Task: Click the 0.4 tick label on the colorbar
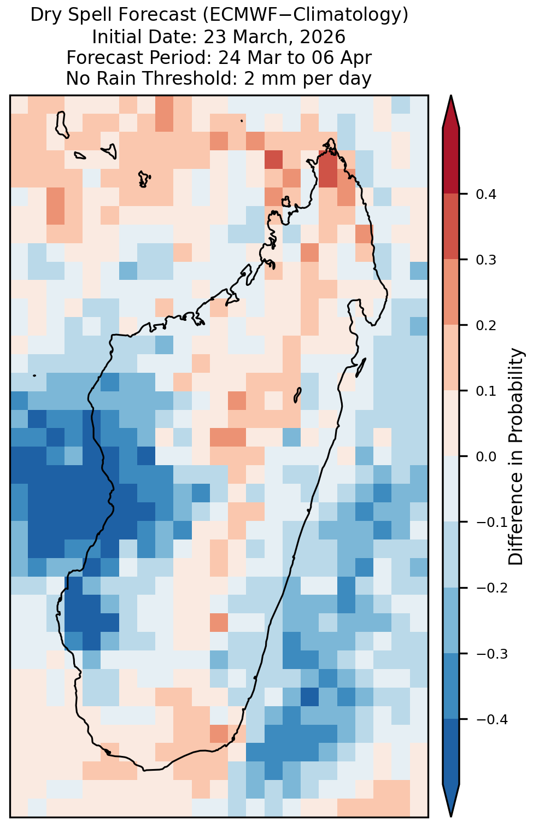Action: coord(486,194)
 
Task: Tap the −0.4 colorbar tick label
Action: coord(491,719)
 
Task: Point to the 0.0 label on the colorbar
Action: coord(486,457)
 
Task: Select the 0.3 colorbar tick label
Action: coord(486,260)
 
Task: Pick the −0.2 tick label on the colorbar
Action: coord(491,588)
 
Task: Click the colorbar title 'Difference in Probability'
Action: coord(516,457)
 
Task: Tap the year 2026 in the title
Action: coord(323,37)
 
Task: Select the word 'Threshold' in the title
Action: coord(191,78)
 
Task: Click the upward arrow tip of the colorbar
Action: coord(451,96)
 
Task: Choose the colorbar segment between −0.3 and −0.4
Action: coord(451,687)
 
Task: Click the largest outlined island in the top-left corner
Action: coord(62,125)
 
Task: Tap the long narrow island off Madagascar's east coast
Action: coord(361,367)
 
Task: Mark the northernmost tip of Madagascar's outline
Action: coord(331,139)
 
